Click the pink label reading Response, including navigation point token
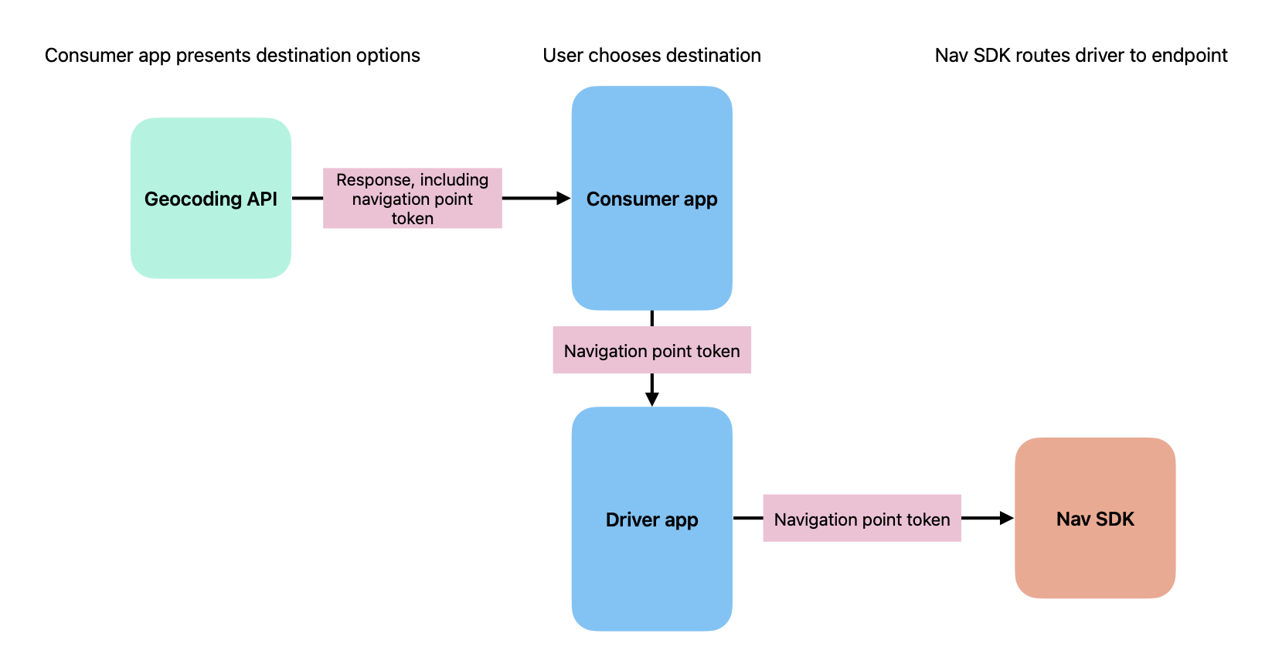(x=412, y=199)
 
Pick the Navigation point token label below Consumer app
(x=651, y=350)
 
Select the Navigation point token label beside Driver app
(x=862, y=519)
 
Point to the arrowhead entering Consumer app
(x=563, y=199)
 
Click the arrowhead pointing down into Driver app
(x=651, y=399)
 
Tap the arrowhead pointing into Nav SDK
(x=1006, y=518)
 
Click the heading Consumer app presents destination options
(x=232, y=56)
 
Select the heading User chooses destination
(x=651, y=56)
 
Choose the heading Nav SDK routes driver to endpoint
(x=1080, y=56)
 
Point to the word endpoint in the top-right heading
(x=1189, y=56)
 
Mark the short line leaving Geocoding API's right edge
(x=307, y=199)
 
